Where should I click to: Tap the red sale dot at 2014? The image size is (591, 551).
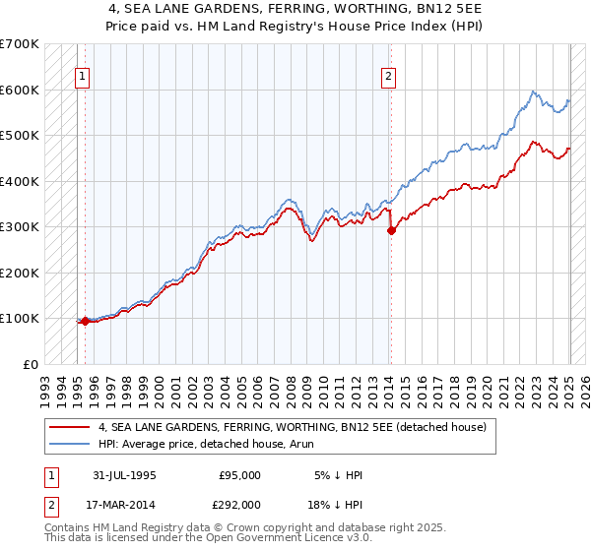391,230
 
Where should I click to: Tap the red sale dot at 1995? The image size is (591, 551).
85,321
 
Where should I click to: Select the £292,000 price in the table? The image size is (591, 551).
239,504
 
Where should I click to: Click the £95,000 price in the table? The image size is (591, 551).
239,475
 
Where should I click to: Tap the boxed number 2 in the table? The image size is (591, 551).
50,504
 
